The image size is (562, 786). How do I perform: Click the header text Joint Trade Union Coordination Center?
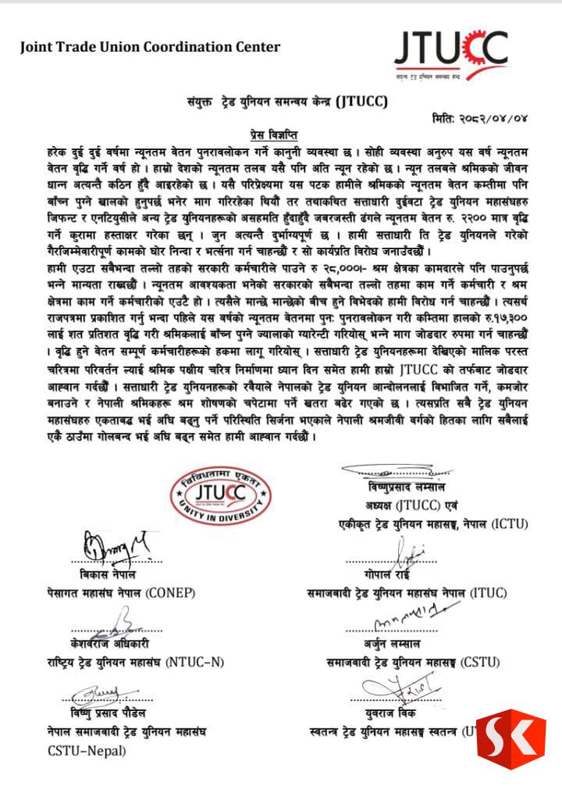(151, 47)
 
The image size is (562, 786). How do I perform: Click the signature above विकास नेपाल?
(108, 544)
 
